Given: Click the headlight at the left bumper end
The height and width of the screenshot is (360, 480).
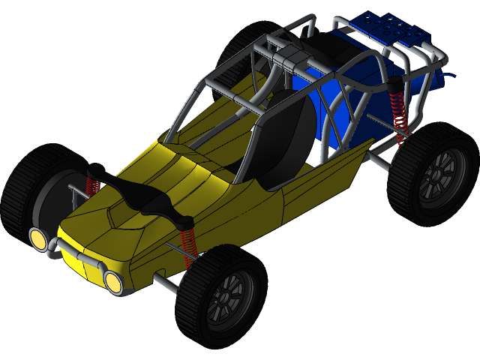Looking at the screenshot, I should pos(37,238).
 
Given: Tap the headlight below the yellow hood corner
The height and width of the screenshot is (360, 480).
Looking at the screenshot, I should pos(113,281).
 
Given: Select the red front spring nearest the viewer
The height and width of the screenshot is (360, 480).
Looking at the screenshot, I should pos(187,244).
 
